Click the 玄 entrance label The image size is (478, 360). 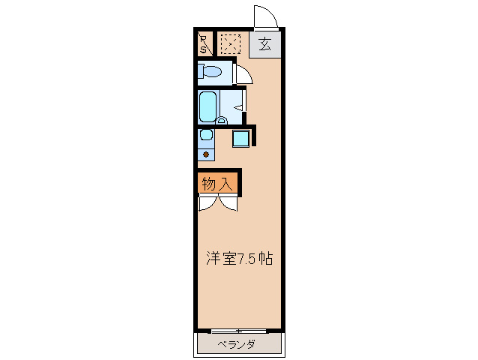(264, 43)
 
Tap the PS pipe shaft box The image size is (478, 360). (204, 43)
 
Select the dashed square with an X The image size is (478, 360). (230, 43)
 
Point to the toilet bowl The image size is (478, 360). (211, 73)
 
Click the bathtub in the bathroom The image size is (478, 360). (208, 106)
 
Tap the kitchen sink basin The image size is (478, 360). (205, 136)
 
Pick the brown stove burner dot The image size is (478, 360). (206, 154)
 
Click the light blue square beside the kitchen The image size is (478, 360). (240, 137)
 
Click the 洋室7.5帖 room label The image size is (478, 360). (239, 259)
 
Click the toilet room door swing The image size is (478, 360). (244, 74)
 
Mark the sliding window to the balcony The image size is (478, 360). (238, 331)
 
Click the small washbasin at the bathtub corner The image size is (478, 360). (223, 119)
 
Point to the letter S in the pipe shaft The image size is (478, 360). (203, 48)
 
